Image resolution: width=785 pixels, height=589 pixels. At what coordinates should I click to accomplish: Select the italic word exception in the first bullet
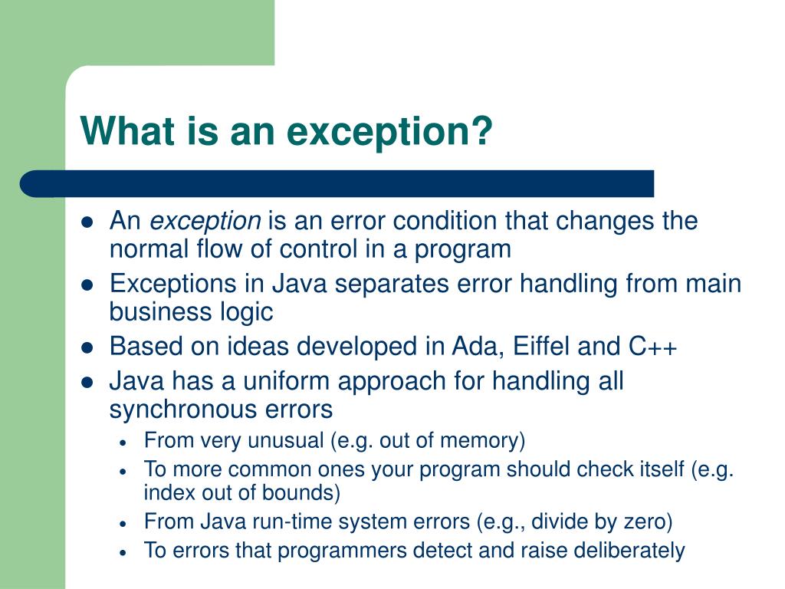(205, 222)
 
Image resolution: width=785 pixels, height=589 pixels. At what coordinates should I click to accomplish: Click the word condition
(445, 222)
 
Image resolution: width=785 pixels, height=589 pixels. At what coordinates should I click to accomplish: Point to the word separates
(394, 284)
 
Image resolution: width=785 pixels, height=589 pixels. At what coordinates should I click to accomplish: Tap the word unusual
(284, 441)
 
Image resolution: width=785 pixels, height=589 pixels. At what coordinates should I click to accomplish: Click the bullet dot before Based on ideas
(87, 347)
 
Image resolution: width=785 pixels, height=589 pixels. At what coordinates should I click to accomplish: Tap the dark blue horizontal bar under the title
(337, 184)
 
